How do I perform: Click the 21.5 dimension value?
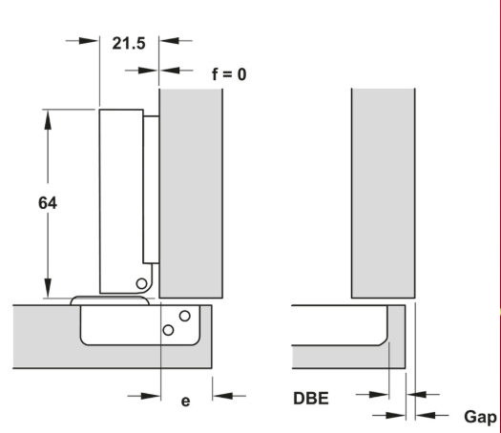[129, 44]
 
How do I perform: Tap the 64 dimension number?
[48, 203]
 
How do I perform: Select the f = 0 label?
[229, 74]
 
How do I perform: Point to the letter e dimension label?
[186, 402]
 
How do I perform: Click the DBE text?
[311, 399]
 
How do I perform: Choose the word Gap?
[480, 418]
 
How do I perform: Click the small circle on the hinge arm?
[141, 283]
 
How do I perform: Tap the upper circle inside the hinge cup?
[185, 316]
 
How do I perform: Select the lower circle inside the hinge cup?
[168, 330]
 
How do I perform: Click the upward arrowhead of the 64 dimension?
[48, 120]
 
